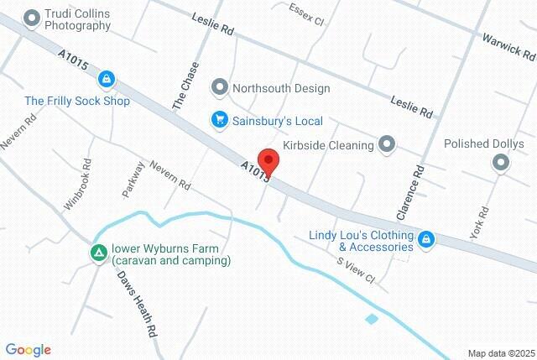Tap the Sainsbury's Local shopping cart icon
point(219,120)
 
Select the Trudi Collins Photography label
point(78,20)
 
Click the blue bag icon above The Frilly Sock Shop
point(106,81)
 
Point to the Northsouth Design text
point(281,87)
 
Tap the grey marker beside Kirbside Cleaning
point(387,145)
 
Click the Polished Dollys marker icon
point(501,163)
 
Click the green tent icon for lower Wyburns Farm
point(98,250)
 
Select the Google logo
point(28,350)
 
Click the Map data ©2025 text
point(501,353)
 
